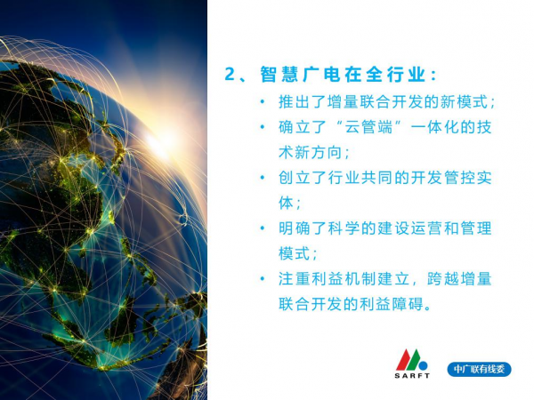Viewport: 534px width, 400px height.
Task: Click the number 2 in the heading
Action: click(230, 74)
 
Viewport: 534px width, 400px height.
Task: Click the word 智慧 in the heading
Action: click(279, 74)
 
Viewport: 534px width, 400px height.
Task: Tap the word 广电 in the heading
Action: click(321, 74)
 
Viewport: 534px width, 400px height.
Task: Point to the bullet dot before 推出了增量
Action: click(263, 101)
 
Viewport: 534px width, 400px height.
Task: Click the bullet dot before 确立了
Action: click(263, 127)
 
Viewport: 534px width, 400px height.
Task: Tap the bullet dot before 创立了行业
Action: click(263, 177)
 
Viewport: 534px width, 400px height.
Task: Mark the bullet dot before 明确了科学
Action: click(263, 228)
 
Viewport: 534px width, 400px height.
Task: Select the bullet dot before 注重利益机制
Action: click(263, 278)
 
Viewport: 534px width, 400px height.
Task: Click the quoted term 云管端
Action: click(368, 127)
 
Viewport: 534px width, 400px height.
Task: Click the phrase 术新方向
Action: click(310, 152)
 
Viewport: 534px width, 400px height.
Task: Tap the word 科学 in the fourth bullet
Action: click(344, 228)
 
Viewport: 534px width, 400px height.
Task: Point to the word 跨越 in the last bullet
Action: click(442, 278)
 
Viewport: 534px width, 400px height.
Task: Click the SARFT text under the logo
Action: click(412, 375)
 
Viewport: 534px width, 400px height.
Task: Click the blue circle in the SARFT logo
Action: click(423, 365)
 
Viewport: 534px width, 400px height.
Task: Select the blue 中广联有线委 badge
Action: click(479, 370)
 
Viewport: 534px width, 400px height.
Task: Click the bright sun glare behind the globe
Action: click(159, 143)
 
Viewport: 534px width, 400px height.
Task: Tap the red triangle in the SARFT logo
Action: click(404, 361)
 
